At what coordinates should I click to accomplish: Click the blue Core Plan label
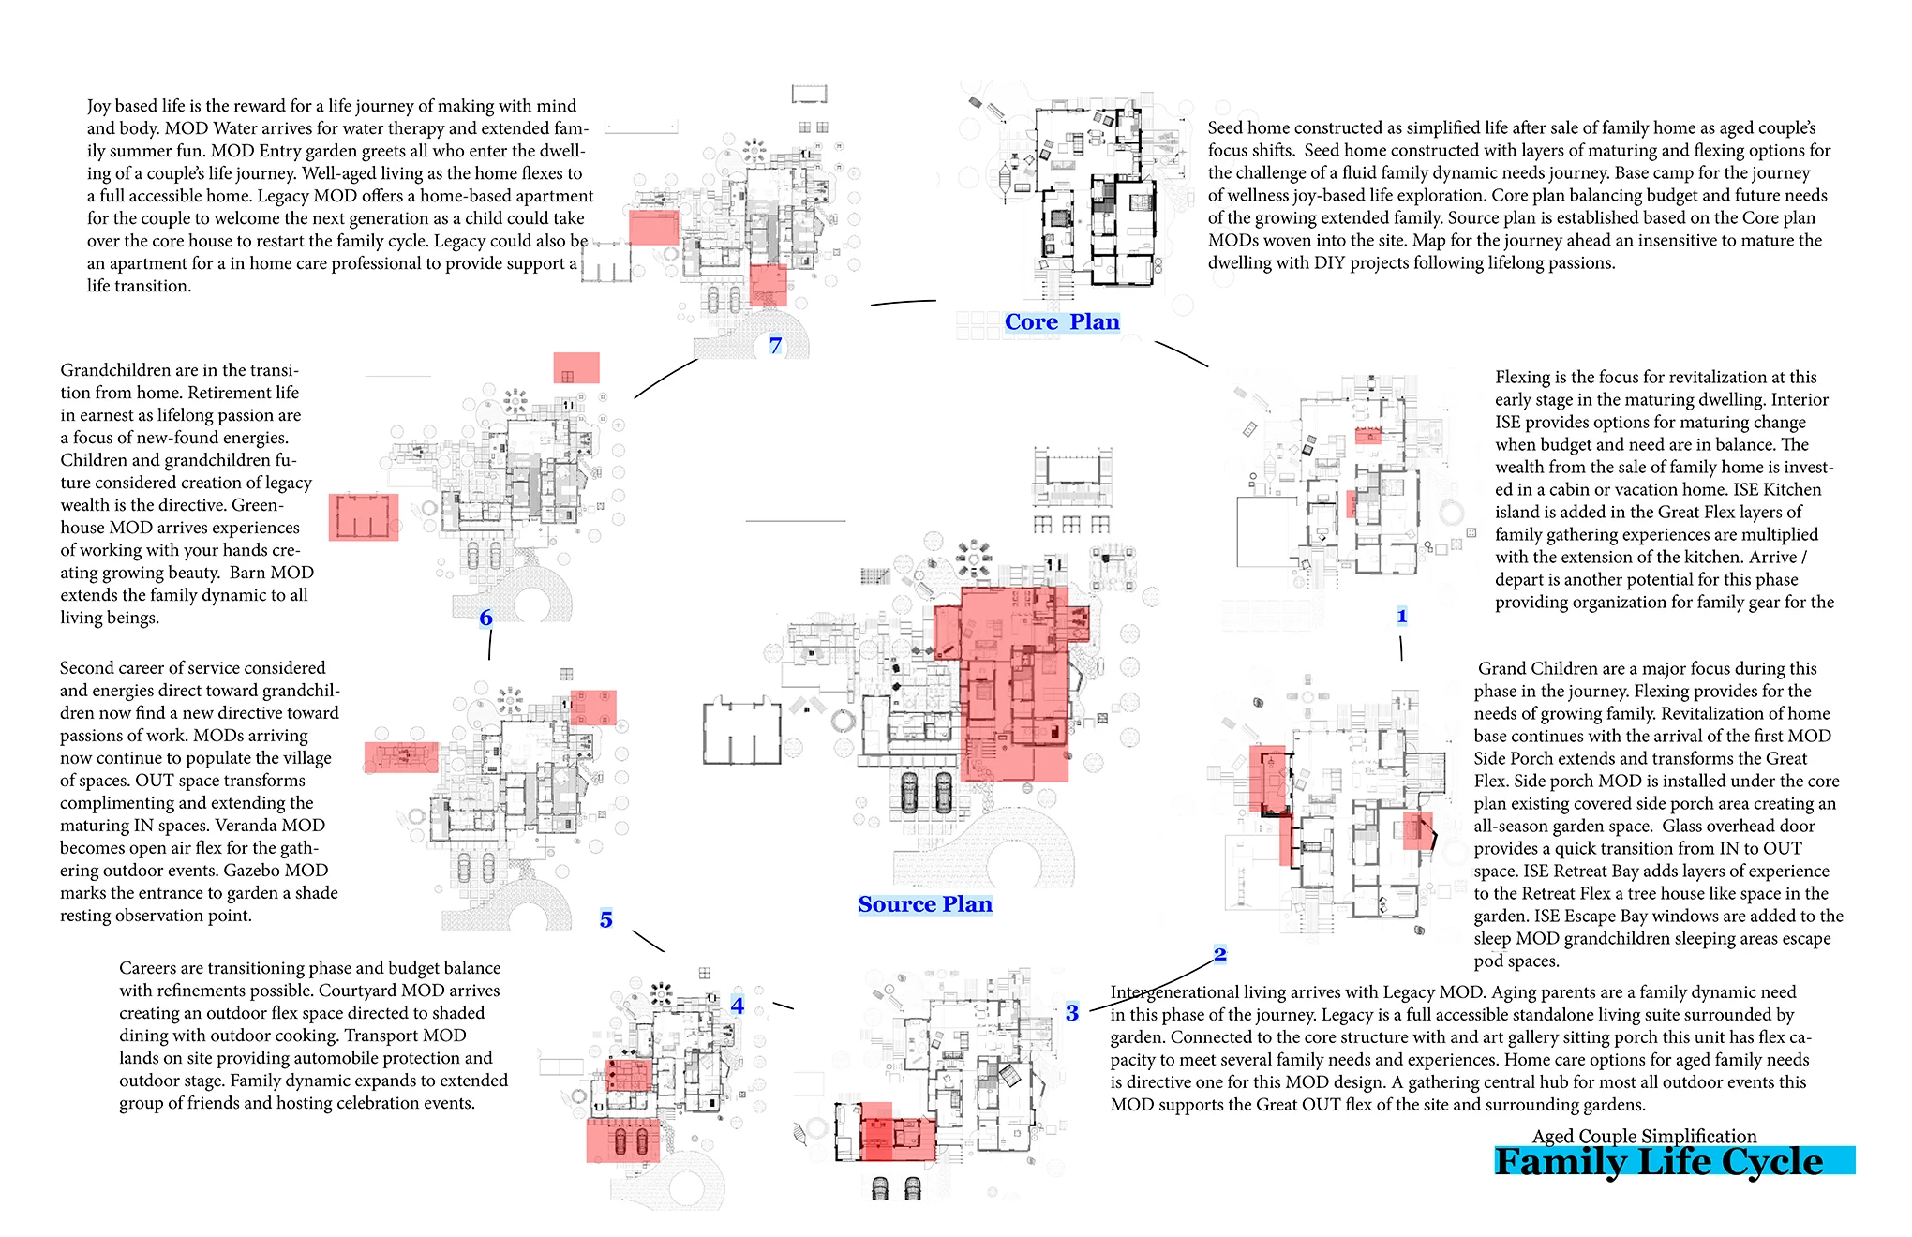click(1062, 322)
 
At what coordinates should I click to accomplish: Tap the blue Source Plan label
click(924, 904)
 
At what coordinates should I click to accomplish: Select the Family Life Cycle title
click(1658, 1162)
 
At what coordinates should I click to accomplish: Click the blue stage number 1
click(1401, 616)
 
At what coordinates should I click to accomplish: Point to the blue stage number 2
click(1219, 954)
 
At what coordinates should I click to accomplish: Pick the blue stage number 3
click(1072, 1013)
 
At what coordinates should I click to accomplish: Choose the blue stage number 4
click(738, 1006)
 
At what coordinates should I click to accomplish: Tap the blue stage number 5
click(606, 920)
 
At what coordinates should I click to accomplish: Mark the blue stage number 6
click(485, 618)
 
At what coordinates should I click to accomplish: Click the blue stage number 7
click(775, 346)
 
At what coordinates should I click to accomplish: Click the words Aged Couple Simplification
click(1644, 1136)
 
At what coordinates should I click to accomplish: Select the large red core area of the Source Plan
click(1012, 684)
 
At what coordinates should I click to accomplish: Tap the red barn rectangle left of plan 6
click(364, 517)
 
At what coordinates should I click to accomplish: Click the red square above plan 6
click(575, 368)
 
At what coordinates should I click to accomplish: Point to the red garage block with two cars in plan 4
click(623, 1140)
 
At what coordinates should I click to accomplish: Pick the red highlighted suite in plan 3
click(895, 1132)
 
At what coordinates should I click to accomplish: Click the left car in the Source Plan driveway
click(909, 793)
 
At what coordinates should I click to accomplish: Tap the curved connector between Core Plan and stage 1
click(1181, 353)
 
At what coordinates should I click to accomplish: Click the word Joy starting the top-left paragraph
click(99, 106)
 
